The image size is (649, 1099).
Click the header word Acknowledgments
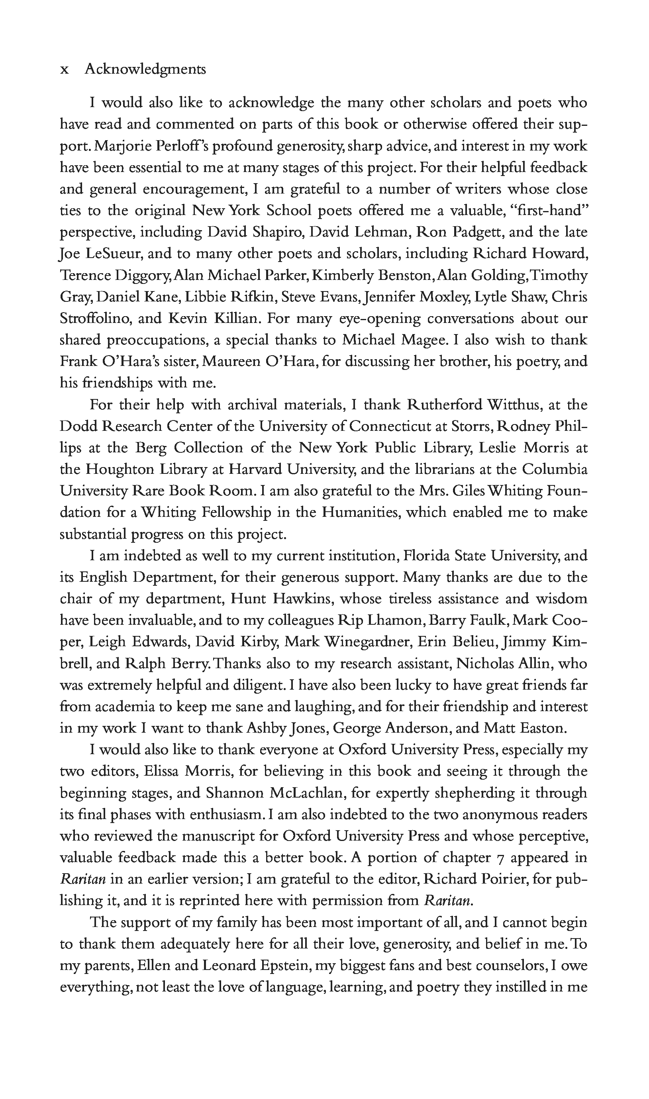145,69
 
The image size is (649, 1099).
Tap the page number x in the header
64,70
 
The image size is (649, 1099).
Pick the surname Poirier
497,879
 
